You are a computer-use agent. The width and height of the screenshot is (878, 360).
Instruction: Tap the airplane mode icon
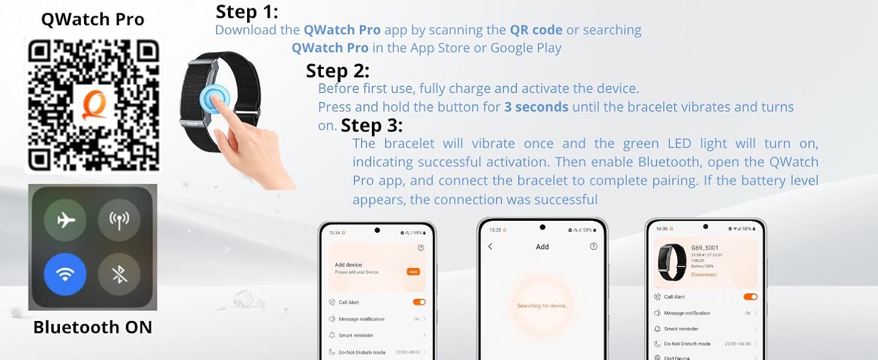point(65,220)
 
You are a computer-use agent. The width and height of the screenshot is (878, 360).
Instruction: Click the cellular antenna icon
point(119,220)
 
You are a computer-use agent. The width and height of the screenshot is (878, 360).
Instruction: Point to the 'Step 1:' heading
point(246,12)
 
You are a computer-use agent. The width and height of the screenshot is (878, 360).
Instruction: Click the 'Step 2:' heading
point(338,71)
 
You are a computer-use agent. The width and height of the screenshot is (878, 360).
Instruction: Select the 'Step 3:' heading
point(372,125)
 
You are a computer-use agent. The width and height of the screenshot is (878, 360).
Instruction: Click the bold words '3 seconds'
point(536,107)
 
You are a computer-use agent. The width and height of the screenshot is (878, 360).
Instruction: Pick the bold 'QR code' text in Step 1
point(536,30)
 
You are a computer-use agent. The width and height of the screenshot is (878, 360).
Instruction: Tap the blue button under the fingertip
point(215,97)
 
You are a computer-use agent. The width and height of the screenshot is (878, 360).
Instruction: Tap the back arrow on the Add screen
point(490,247)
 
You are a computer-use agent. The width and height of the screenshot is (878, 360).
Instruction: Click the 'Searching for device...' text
point(543,306)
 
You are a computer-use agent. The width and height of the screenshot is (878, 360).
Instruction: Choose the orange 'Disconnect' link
point(703,275)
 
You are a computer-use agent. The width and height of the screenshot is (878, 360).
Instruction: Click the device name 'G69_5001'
point(705,247)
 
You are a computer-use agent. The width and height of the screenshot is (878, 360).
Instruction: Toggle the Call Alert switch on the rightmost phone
point(750,297)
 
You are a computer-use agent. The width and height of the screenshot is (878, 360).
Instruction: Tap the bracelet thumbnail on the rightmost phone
point(671,262)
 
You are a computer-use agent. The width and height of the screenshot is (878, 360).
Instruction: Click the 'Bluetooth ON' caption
point(92,327)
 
